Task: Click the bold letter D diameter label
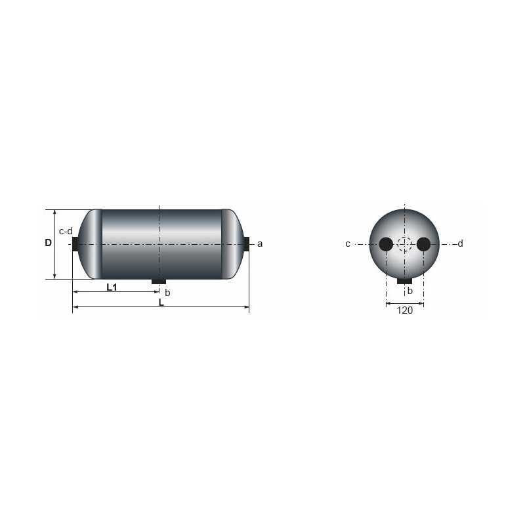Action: tap(48, 243)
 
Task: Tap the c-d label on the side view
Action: tap(66, 231)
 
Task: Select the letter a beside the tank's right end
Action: tap(260, 243)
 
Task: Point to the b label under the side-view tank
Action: tap(167, 292)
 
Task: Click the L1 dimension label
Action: tap(112, 287)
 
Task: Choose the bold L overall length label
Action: tap(161, 303)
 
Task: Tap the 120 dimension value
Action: tap(405, 310)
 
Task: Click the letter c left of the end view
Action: tap(348, 244)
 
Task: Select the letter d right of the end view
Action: tap(461, 243)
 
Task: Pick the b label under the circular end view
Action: tap(410, 291)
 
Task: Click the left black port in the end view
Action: tap(386, 244)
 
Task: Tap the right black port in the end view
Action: tap(424, 244)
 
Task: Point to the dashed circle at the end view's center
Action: tap(405, 244)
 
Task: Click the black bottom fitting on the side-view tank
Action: tap(159, 282)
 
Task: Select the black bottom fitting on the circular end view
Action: tap(405, 282)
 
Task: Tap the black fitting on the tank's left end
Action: tap(75, 243)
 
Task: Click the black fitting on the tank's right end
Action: tap(247, 243)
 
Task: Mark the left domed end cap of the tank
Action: tap(91, 243)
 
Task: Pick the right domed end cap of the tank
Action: tap(233, 243)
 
